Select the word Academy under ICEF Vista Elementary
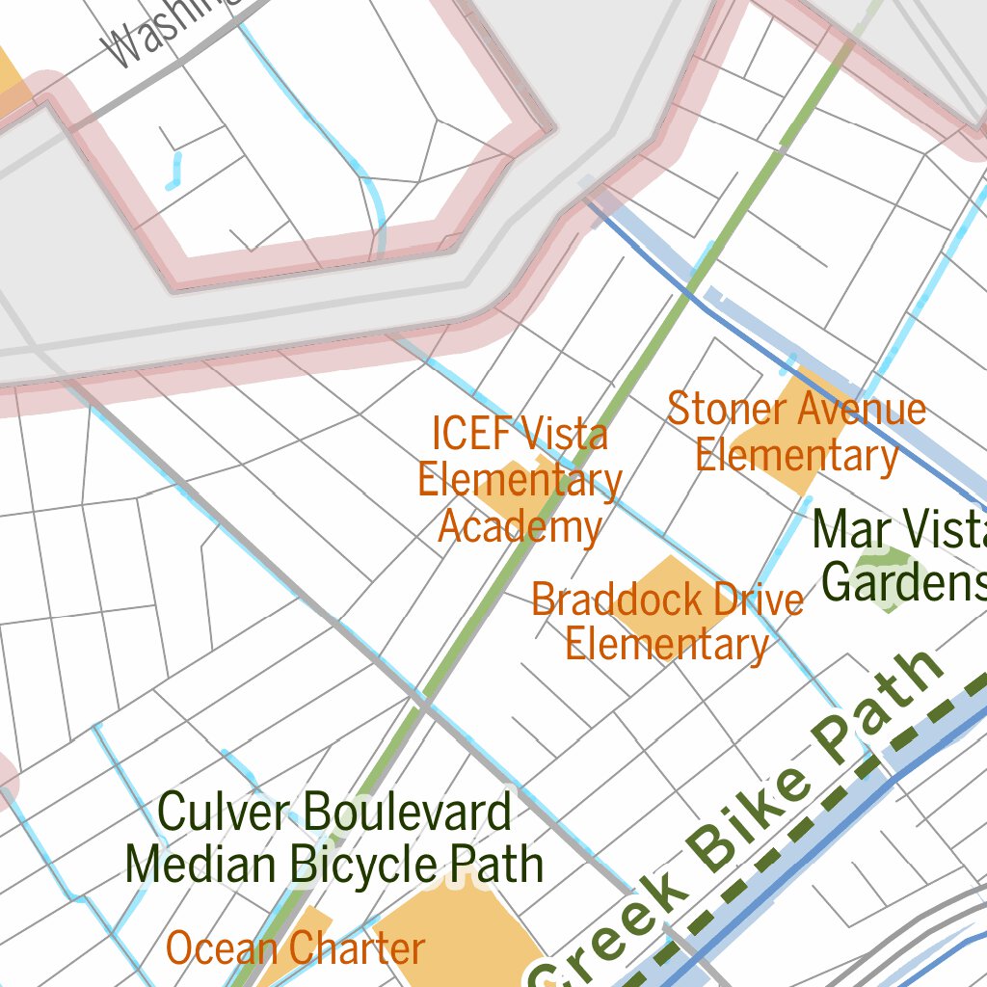[520, 527]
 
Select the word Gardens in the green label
[902, 582]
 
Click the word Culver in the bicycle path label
[226, 812]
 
